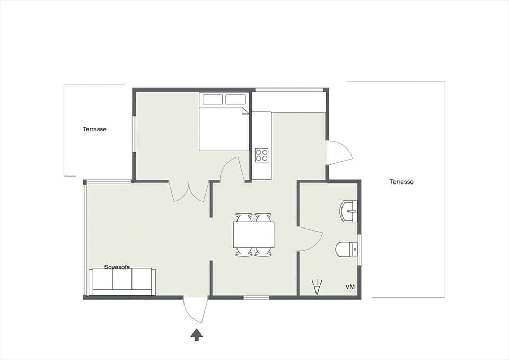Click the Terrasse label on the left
[x=94, y=129]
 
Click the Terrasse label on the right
[x=401, y=182]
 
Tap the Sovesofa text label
[x=117, y=267]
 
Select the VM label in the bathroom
[x=350, y=287]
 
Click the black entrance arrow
[x=197, y=335]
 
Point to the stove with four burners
[x=262, y=155]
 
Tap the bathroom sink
[x=349, y=211]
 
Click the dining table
[x=253, y=234]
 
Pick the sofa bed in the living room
[x=122, y=281]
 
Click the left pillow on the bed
[x=213, y=100]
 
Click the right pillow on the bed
[x=235, y=100]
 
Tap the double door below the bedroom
[x=189, y=192]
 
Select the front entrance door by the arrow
[x=195, y=310]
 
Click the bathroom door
[x=309, y=239]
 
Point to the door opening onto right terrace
[x=338, y=153]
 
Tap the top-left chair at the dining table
[x=244, y=217]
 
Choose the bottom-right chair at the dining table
[x=263, y=252]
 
